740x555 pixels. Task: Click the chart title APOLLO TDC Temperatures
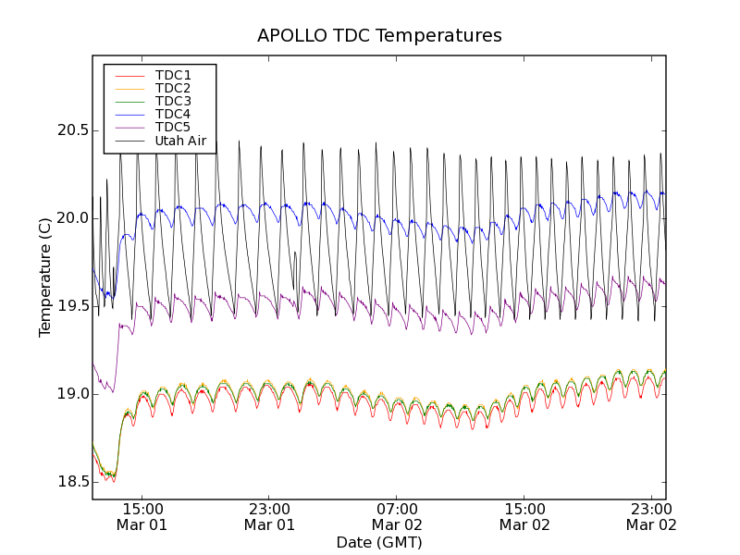(379, 36)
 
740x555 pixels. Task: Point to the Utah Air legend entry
(180, 141)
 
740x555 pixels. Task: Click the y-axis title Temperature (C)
(44, 277)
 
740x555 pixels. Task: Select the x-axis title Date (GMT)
(379, 542)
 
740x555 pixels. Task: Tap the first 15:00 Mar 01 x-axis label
(142, 516)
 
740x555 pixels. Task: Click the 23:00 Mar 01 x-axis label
(270, 516)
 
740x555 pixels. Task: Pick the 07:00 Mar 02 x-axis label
(397, 516)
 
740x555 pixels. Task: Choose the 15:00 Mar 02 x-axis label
(524, 516)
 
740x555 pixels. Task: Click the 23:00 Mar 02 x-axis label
(651, 516)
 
